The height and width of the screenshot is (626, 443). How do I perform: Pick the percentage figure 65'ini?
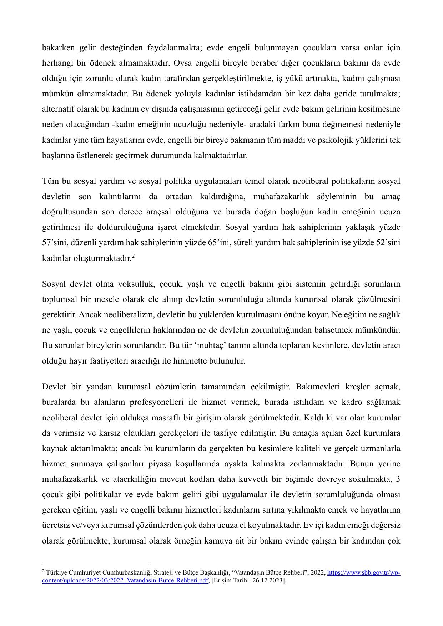[x=218, y=243]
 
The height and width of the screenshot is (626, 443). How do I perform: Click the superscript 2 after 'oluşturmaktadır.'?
[x=133, y=256]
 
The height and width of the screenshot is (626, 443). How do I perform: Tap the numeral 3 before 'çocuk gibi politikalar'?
[x=398, y=479]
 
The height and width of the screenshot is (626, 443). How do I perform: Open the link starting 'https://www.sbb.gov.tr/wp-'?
[x=363, y=573]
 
